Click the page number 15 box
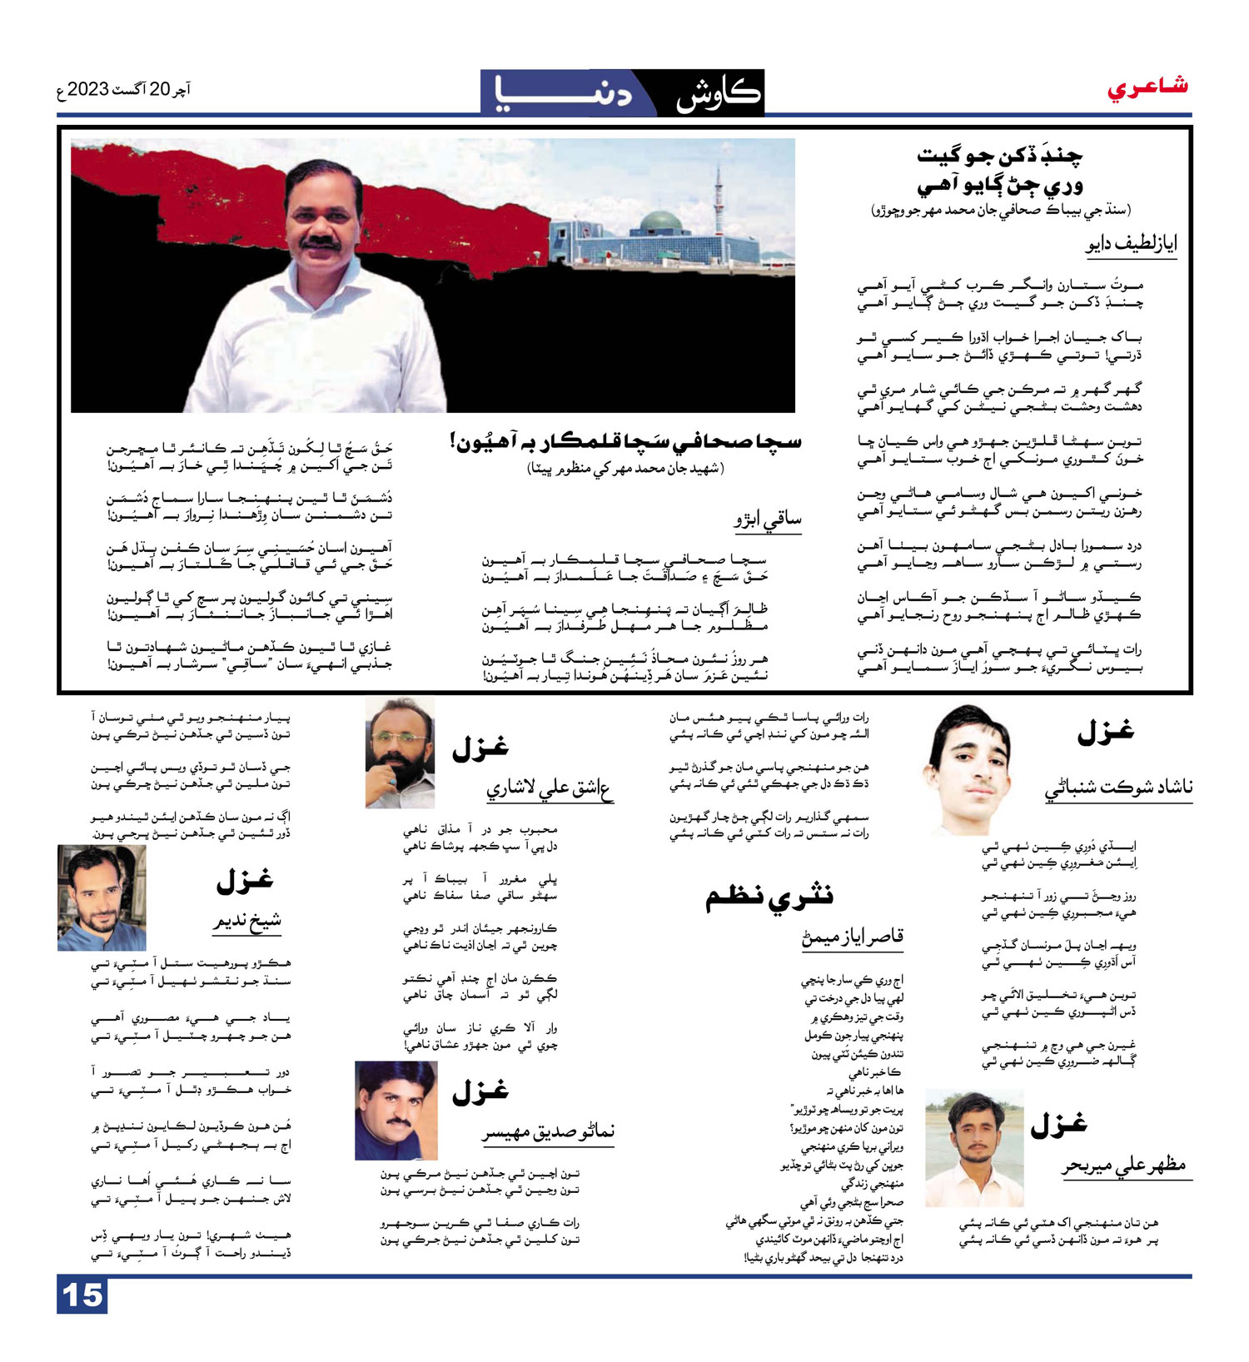82,1295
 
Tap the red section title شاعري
1147,87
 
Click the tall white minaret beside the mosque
718,201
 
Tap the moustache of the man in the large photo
321,242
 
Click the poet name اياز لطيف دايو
1131,245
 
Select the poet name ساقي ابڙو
767,520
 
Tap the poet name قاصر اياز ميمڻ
853,938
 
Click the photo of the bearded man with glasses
400,752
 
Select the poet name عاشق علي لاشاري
549,788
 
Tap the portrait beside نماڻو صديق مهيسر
396,1110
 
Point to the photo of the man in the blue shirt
102,897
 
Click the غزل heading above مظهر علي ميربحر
1058,1125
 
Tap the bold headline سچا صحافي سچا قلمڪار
625,441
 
